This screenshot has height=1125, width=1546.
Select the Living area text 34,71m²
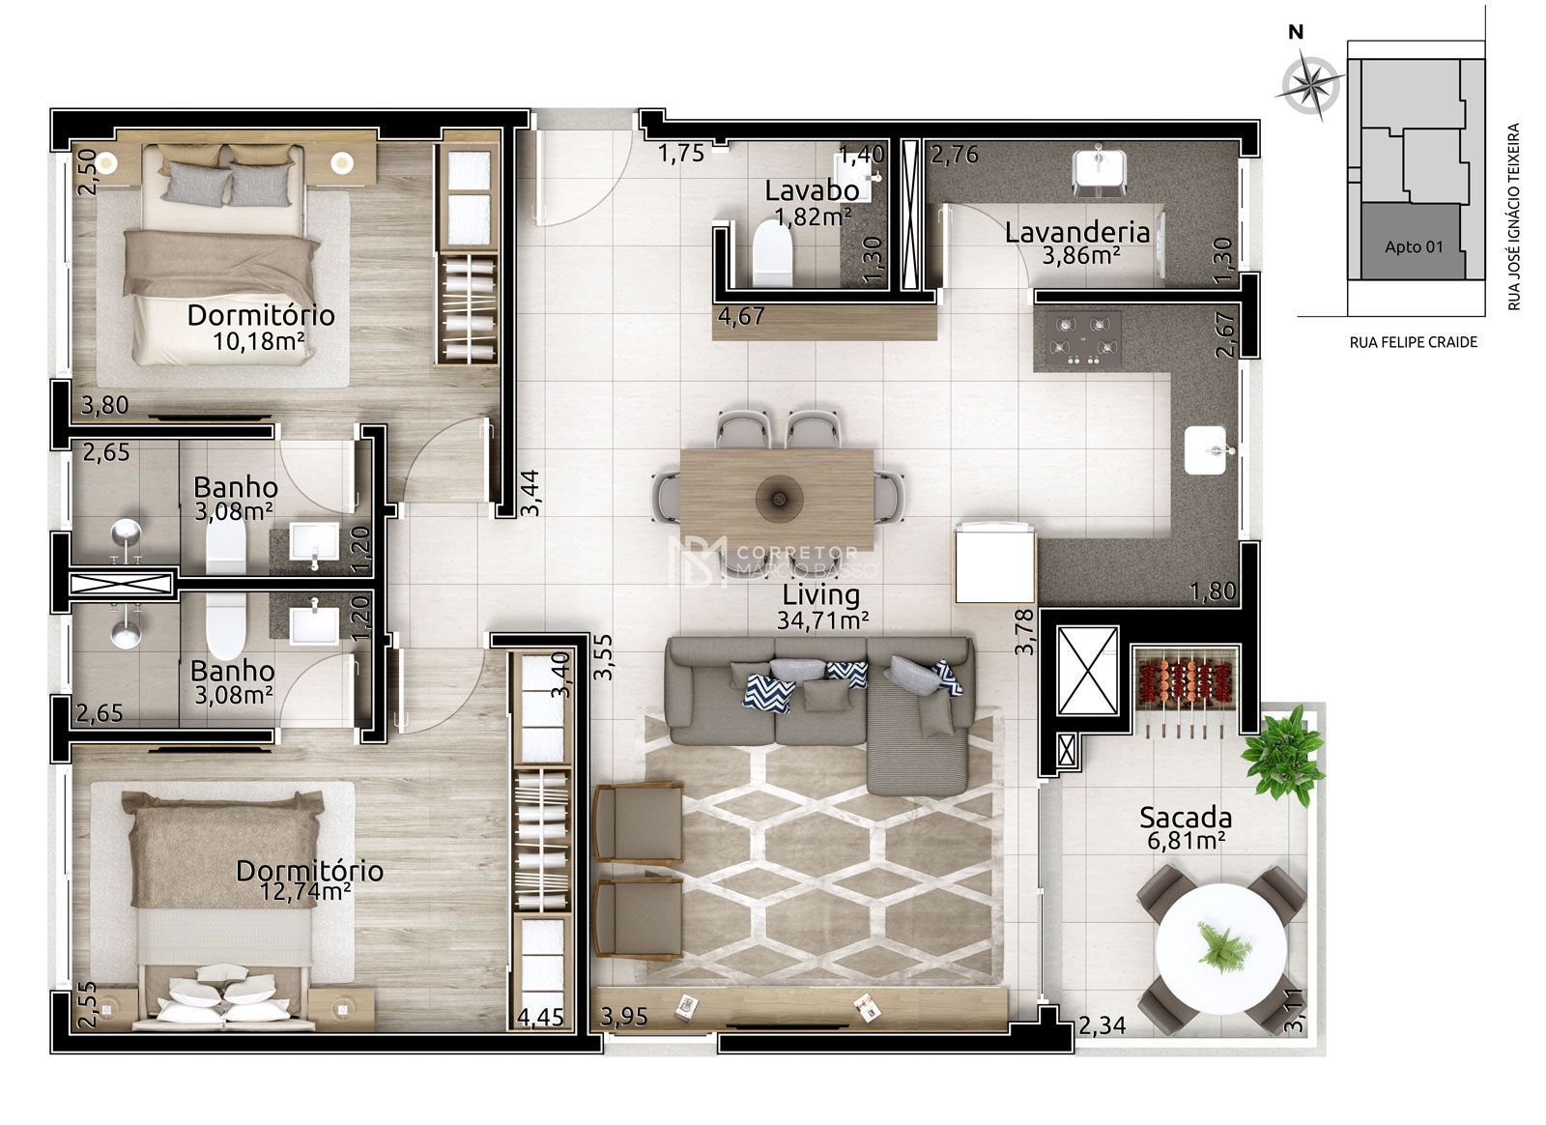[821, 620]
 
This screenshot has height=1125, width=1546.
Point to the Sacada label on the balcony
[1185, 818]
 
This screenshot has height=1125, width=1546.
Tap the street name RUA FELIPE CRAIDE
[1413, 342]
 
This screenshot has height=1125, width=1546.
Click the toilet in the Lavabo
[771, 251]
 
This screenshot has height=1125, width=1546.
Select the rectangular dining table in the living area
[777, 498]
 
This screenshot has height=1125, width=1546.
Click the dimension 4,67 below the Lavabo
[740, 314]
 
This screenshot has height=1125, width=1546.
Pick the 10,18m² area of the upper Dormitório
[261, 339]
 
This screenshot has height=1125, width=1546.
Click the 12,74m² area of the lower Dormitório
[305, 891]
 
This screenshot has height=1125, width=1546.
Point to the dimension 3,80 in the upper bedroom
[105, 406]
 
